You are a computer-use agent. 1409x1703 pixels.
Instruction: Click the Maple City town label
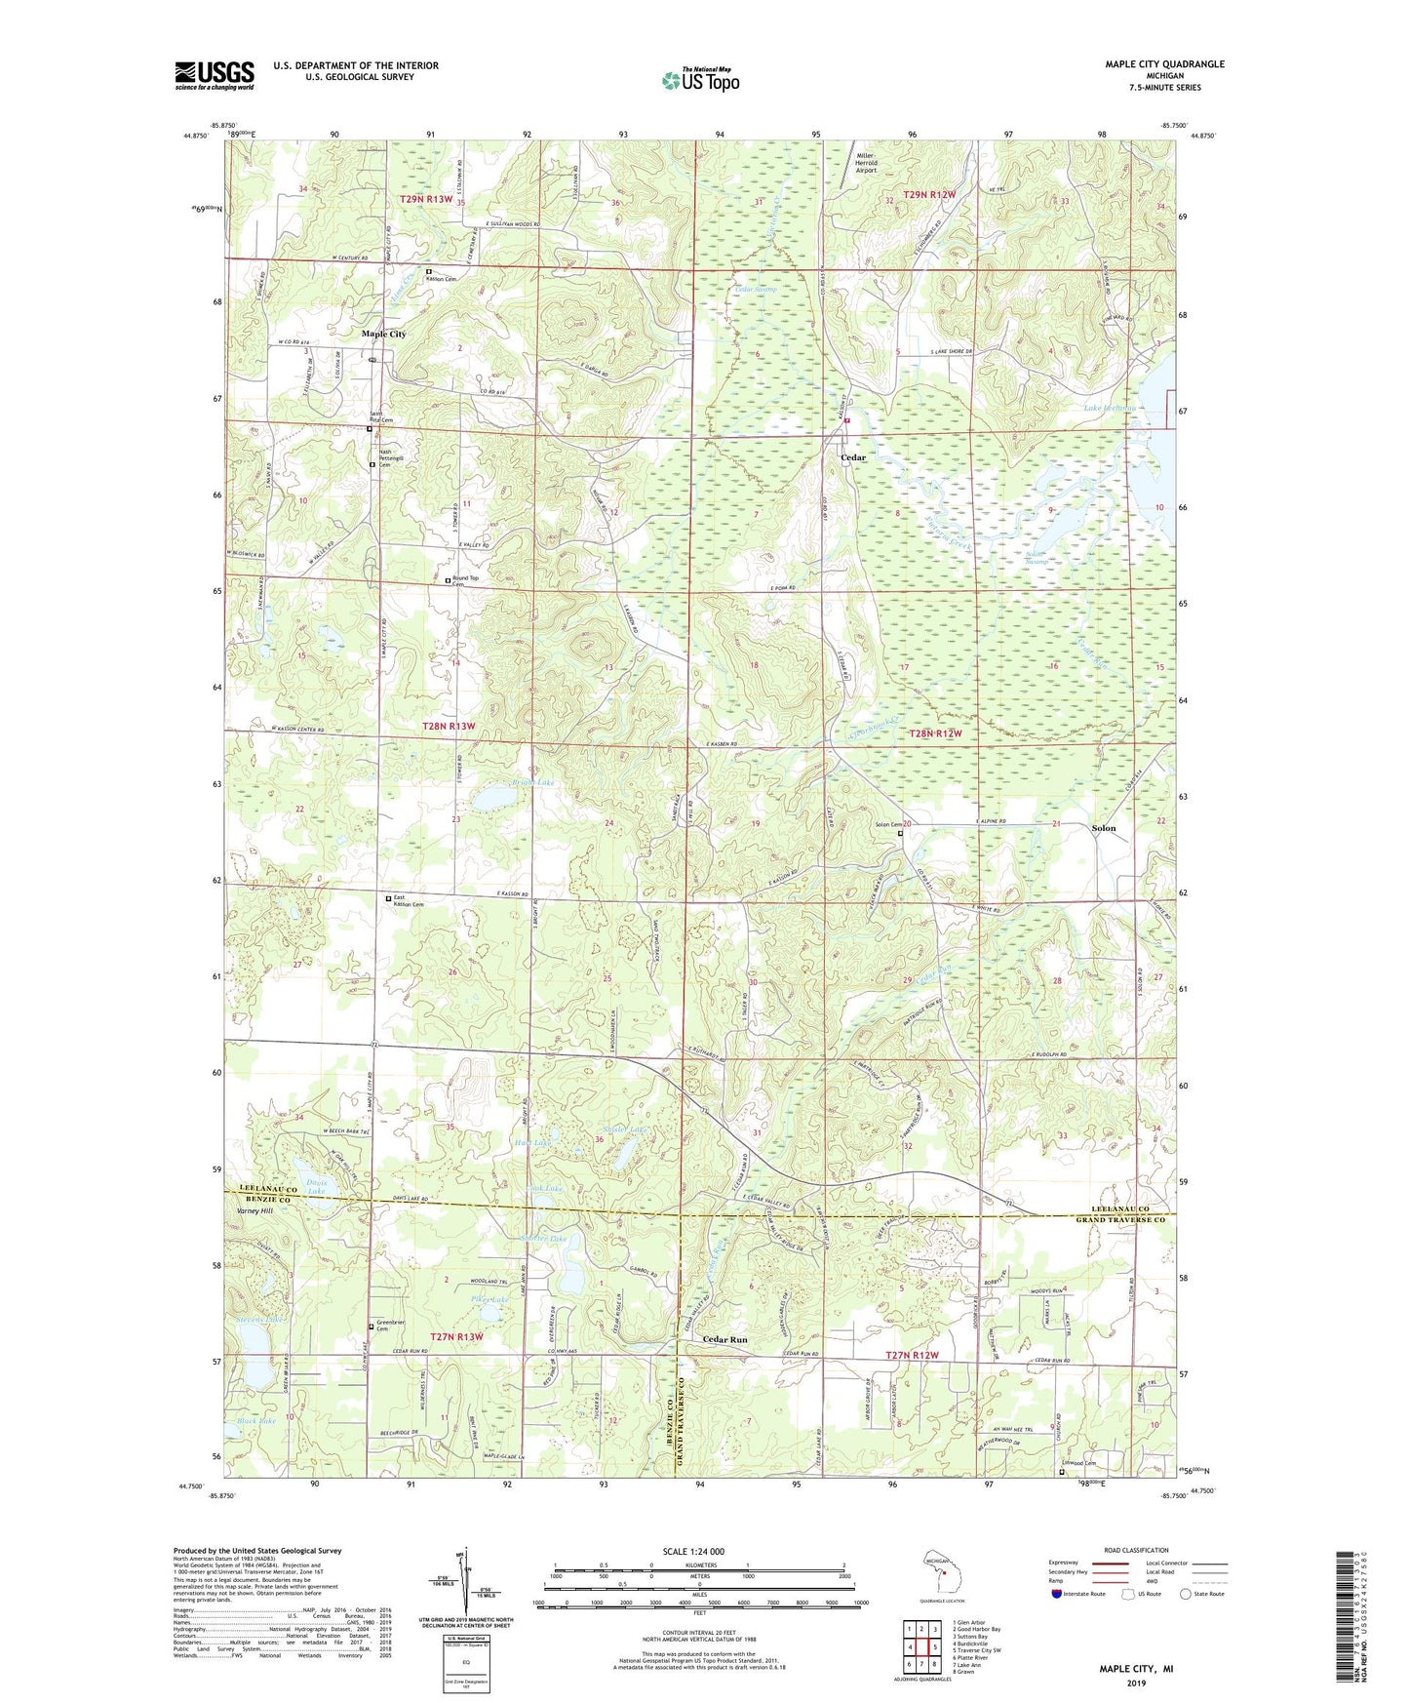383,334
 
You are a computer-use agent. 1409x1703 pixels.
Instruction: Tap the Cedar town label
853,457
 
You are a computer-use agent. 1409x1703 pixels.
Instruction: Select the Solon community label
1103,828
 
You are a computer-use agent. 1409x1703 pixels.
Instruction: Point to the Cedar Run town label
724,1340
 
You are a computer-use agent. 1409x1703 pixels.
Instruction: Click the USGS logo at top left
215,75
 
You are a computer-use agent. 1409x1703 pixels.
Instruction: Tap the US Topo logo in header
699,80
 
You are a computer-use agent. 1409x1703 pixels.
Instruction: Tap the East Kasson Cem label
409,901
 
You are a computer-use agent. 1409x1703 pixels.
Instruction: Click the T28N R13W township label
449,727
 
